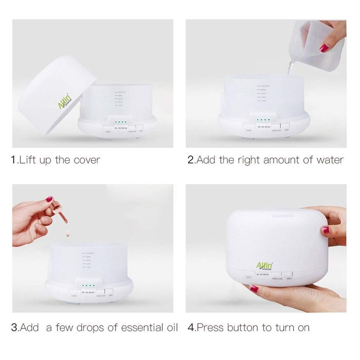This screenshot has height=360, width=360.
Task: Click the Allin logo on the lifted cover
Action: click(64, 102)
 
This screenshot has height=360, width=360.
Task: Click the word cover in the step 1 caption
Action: click(87, 160)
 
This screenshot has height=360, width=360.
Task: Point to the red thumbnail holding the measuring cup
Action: click(324, 48)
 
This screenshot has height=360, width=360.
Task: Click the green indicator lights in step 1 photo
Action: click(121, 122)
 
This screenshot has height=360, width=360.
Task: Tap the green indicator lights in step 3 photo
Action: click(88, 285)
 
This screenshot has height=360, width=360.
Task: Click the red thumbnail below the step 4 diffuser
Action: click(254, 289)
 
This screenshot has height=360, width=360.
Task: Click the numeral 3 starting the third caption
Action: click(14, 328)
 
